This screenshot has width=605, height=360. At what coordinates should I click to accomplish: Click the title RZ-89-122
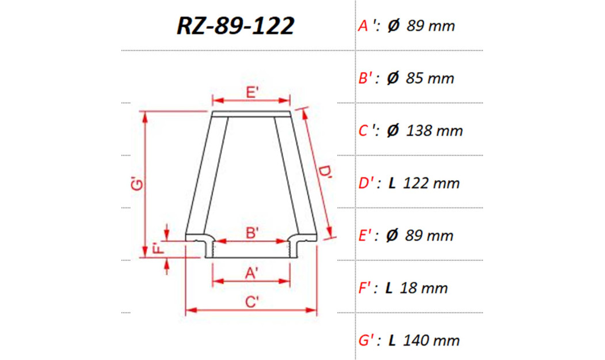pyautogui.click(x=235, y=26)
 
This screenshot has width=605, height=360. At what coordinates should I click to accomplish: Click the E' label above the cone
pyautogui.click(x=252, y=92)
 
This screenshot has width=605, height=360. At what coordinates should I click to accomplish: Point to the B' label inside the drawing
pyautogui.click(x=252, y=233)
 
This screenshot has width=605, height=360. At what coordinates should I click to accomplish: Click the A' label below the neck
pyautogui.click(x=252, y=274)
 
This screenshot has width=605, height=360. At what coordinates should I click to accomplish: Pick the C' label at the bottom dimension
pyautogui.click(x=252, y=301)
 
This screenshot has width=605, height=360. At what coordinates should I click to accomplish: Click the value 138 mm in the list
pyautogui.click(x=434, y=131)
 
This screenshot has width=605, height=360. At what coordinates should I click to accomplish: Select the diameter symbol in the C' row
pyautogui.click(x=393, y=131)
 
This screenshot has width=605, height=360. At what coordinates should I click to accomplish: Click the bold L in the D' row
pyautogui.click(x=392, y=183)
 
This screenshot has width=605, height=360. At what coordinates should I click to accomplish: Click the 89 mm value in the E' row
pyautogui.click(x=429, y=236)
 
